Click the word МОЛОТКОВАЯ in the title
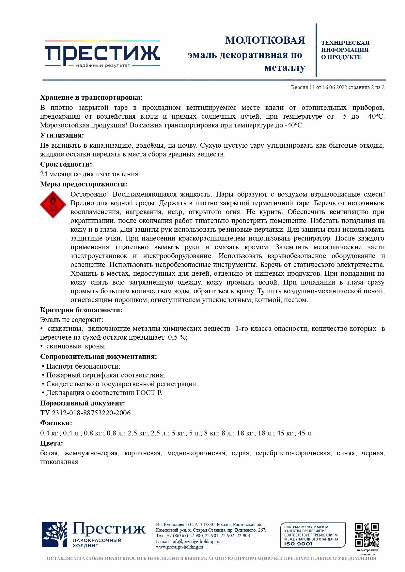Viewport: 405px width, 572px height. [265, 40]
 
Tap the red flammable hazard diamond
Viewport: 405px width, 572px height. [53, 205]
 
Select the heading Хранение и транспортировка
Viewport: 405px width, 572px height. [91, 97]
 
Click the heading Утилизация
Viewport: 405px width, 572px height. [62, 135]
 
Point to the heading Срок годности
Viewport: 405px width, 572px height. [66, 164]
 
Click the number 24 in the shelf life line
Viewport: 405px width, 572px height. [44, 174]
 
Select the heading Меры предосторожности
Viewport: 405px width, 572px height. [84, 184]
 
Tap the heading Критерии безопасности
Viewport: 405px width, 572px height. [81, 310]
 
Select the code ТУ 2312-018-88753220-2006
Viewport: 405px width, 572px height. [85, 413]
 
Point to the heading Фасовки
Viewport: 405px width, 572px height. [56, 423]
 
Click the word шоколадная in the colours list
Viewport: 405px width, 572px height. [59, 462]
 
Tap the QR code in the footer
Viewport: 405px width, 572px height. [367, 535]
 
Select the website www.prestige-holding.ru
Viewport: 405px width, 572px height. [179, 547]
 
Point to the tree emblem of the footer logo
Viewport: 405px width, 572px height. [55, 535]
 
